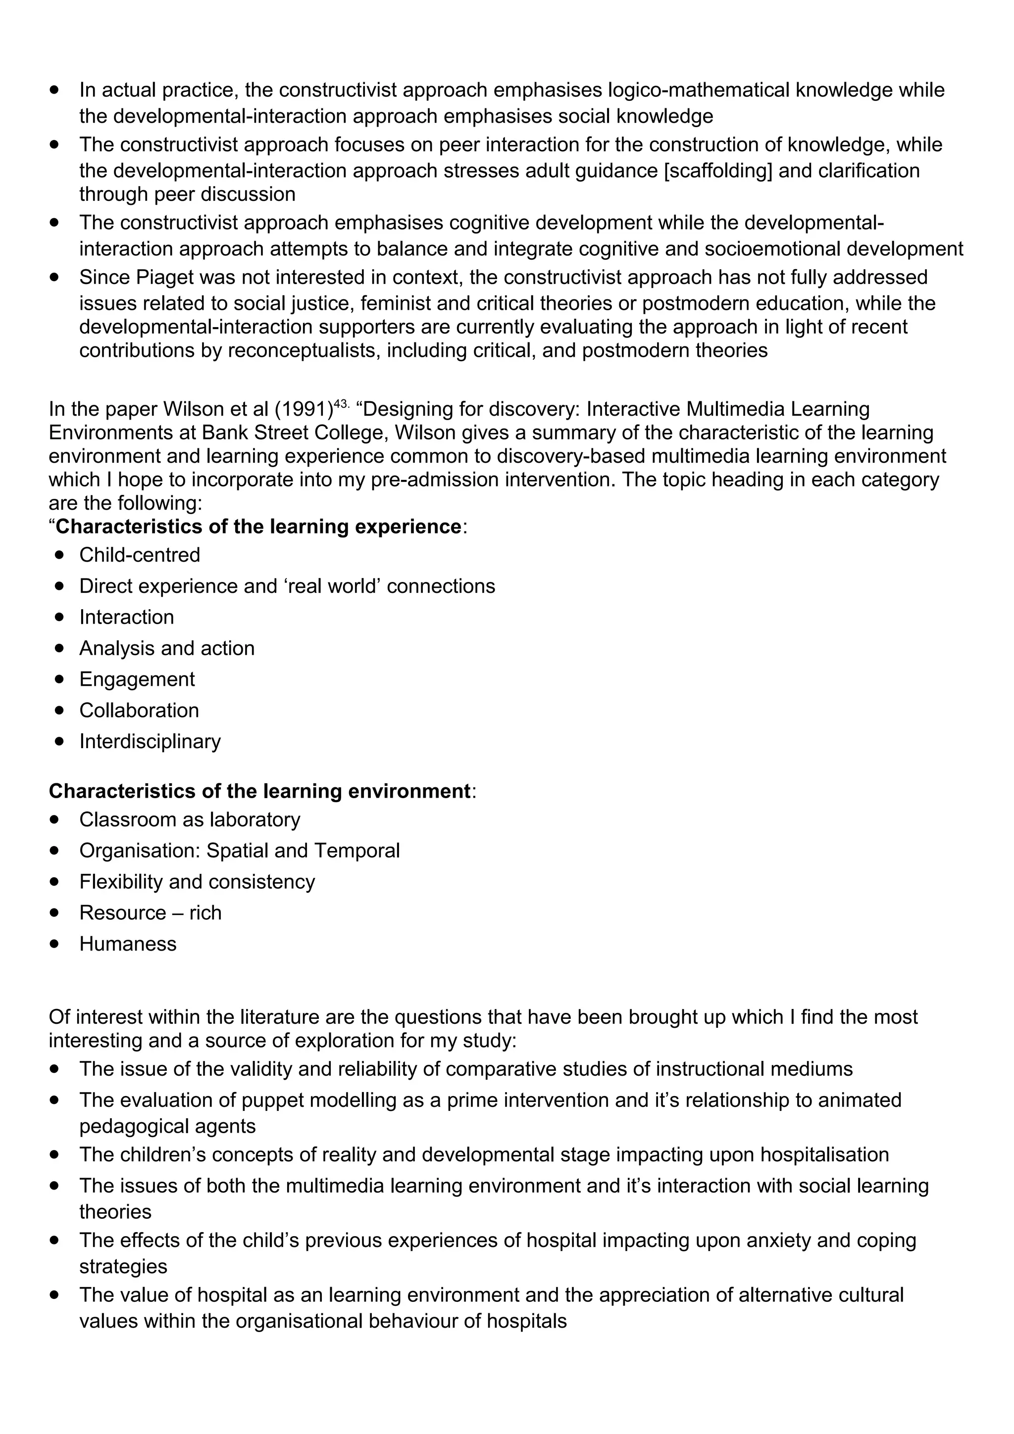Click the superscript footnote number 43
[341, 404]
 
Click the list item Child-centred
[139, 555]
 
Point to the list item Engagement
[137, 679]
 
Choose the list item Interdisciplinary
[150, 741]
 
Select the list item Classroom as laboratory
[189, 819]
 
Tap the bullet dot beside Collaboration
[59, 710]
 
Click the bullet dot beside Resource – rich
[55, 912]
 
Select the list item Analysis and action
[167, 648]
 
